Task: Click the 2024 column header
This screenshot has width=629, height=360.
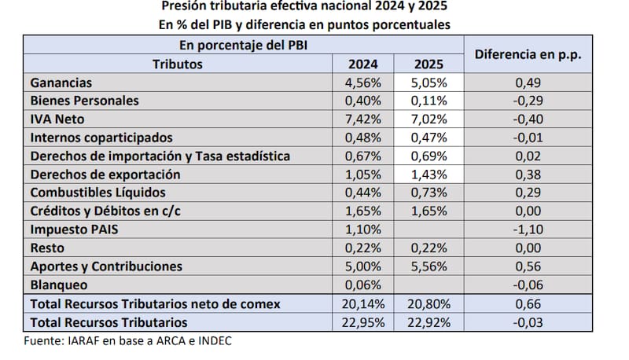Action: [363, 64]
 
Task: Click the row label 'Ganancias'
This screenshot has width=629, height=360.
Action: [61, 83]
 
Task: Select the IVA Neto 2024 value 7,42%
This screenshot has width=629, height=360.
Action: [363, 119]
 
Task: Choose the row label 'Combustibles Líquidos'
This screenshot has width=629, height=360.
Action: [97, 192]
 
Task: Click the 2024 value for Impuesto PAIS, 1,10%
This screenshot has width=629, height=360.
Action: [363, 229]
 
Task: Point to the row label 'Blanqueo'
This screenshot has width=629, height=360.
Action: [59, 285]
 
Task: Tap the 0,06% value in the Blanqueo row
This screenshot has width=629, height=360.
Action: [363, 285]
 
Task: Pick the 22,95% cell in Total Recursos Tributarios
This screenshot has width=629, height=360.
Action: [363, 321]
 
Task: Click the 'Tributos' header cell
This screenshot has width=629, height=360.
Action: [178, 64]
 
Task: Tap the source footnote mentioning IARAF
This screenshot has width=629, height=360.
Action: [127, 340]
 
